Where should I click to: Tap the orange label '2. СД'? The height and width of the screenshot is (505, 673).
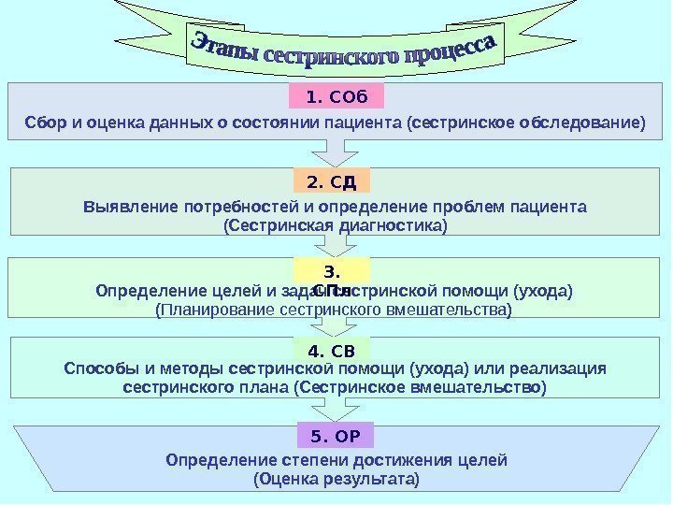333,180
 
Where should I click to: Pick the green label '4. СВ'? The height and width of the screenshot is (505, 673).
332,352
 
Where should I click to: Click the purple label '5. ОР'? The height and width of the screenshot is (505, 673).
336,435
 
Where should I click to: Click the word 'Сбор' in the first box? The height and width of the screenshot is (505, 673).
42,123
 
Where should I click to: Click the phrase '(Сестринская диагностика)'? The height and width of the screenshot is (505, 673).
336,226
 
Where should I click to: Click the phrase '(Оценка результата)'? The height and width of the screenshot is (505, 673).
336,480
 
